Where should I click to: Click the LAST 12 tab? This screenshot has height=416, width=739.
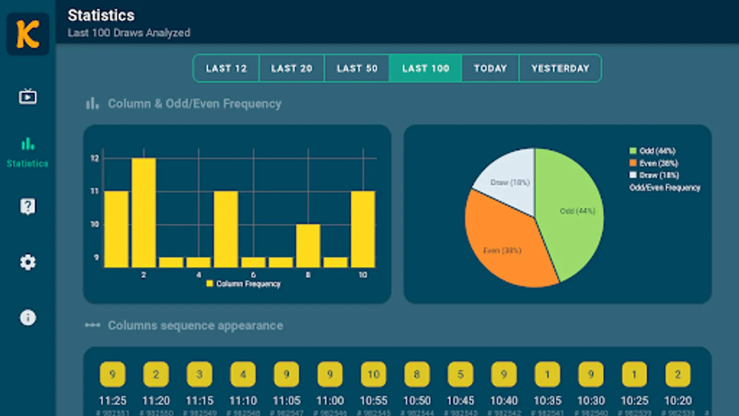pos(226,68)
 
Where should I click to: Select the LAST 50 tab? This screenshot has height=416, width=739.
pos(357,68)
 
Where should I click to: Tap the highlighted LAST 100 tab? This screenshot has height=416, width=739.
pos(425,68)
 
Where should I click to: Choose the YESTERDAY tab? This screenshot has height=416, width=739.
pos(560,68)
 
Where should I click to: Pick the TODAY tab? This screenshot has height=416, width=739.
pos(490,68)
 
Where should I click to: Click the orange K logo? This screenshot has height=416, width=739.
pos(28,34)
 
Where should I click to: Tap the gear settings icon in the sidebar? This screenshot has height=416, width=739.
pos(28,262)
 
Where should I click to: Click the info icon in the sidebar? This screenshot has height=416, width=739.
pos(28,318)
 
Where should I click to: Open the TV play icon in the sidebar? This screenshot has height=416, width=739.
pos(28,97)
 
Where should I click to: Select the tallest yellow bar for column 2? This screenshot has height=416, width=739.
pos(144,213)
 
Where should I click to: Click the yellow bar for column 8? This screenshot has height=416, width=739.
pos(308,245)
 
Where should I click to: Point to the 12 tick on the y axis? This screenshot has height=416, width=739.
pos(95,159)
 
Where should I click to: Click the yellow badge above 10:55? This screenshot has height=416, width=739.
pos(373,374)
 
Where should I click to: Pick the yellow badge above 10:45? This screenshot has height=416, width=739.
pos(460,374)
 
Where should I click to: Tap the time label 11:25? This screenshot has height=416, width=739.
pos(112,400)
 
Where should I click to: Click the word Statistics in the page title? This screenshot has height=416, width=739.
pos(101,15)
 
